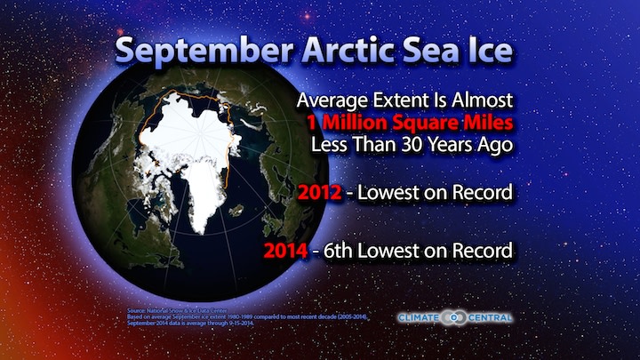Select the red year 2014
click(x=284, y=251)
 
